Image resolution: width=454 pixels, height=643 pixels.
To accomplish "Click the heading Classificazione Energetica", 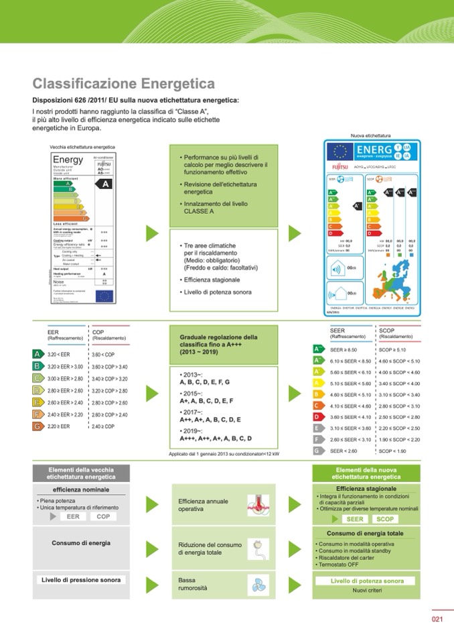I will pyautogui.click(x=123, y=84).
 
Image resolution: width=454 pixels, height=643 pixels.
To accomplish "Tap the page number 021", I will pyautogui.click(x=437, y=619).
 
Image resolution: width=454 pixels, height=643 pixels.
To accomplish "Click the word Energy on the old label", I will pyautogui.click(x=68, y=160).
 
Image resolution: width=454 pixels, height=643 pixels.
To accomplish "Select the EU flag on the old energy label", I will pyautogui.click(x=104, y=296).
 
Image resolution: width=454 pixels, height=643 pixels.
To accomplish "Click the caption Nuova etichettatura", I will pyautogui.click(x=370, y=135).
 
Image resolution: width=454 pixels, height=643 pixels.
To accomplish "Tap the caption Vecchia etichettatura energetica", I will pyautogui.click(x=82, y=147).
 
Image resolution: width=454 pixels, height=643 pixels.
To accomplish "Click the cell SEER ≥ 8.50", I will pyautogui.click(x=345, y=350).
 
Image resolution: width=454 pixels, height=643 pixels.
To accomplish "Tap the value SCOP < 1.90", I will pyautogui.click(x=392, y=451).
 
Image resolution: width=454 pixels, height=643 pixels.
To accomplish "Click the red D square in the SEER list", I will pyautogui.click(x=319, y=417).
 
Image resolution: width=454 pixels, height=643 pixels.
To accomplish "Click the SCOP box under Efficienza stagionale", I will pyautogui.click(x=386, y=519).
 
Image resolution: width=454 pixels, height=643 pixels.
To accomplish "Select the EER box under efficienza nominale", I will pyautogui.click(x=73, y=517).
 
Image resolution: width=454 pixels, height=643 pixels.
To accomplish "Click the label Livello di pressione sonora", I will pyautogui.click(x=81, y=580).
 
